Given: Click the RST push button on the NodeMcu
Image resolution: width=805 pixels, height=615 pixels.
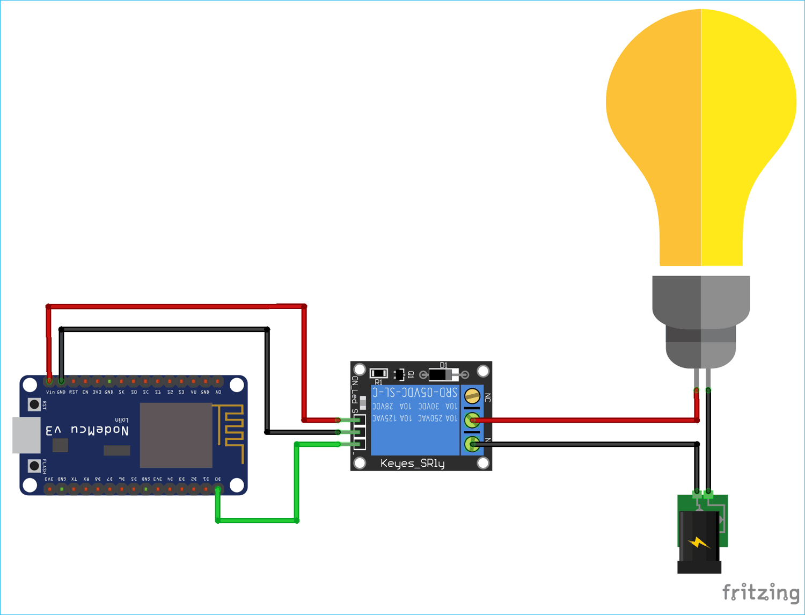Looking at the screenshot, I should coord(34,404).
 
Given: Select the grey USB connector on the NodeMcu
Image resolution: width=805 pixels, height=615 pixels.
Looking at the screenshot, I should coord(26,435).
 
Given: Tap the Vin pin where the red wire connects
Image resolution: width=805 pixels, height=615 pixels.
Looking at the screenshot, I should coord(49,381).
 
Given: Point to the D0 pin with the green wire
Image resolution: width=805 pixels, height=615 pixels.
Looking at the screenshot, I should coord(218,489).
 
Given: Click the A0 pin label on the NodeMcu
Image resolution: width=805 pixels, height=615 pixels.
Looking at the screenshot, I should coord(218,392).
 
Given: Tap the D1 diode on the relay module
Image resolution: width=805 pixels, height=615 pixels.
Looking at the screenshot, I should coord(444,374).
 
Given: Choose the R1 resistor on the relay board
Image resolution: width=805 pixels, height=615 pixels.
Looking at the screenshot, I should coord(379,373).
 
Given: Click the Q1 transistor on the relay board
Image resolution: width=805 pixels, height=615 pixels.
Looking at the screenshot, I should coord(399,374).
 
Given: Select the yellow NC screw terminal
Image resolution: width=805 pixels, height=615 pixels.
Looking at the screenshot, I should coord(472,396).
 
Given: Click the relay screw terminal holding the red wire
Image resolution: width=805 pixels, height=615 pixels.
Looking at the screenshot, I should coord(472,420).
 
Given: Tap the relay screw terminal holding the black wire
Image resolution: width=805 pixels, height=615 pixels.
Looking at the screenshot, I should coord(472,444).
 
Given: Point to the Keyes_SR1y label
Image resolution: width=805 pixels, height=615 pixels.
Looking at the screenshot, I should coord(412,463).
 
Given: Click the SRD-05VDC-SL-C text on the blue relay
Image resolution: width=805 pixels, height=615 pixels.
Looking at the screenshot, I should coord(415,393).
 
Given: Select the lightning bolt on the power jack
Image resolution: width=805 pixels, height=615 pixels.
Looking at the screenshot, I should coord(698,543).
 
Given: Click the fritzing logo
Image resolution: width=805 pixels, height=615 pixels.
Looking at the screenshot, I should coord(760,592).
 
